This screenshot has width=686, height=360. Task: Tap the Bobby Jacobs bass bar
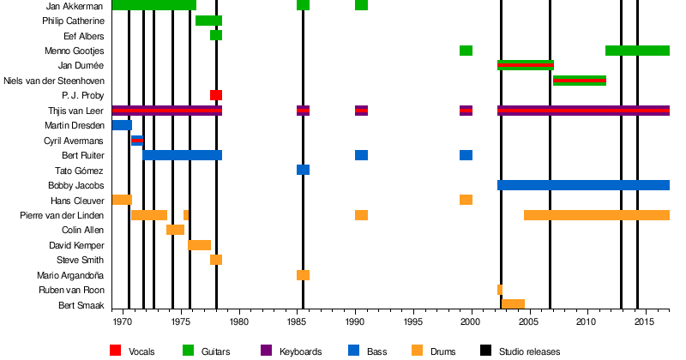[583, 185]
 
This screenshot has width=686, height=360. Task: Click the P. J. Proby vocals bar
[216, 95]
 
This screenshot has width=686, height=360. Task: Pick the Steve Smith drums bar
[216, 260]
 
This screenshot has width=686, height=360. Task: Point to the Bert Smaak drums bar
[513, 304]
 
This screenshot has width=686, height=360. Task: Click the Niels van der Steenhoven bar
[580, 81]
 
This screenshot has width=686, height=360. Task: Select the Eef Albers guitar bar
[216, 36]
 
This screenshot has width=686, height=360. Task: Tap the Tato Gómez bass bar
[303, 170]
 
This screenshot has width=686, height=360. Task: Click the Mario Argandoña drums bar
[303, 275]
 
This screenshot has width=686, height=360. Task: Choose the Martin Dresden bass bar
[122, 125]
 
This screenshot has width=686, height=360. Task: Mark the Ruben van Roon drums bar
[500, 290]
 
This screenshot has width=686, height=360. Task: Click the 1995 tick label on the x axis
[412, 322]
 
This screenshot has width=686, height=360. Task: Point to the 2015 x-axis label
[644, 322]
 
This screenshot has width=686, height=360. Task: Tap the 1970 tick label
[123, 322]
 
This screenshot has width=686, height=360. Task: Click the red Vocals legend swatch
[116, 350]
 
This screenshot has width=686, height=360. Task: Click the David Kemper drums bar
[200, 245]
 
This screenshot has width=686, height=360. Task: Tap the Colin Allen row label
[83, 230]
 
